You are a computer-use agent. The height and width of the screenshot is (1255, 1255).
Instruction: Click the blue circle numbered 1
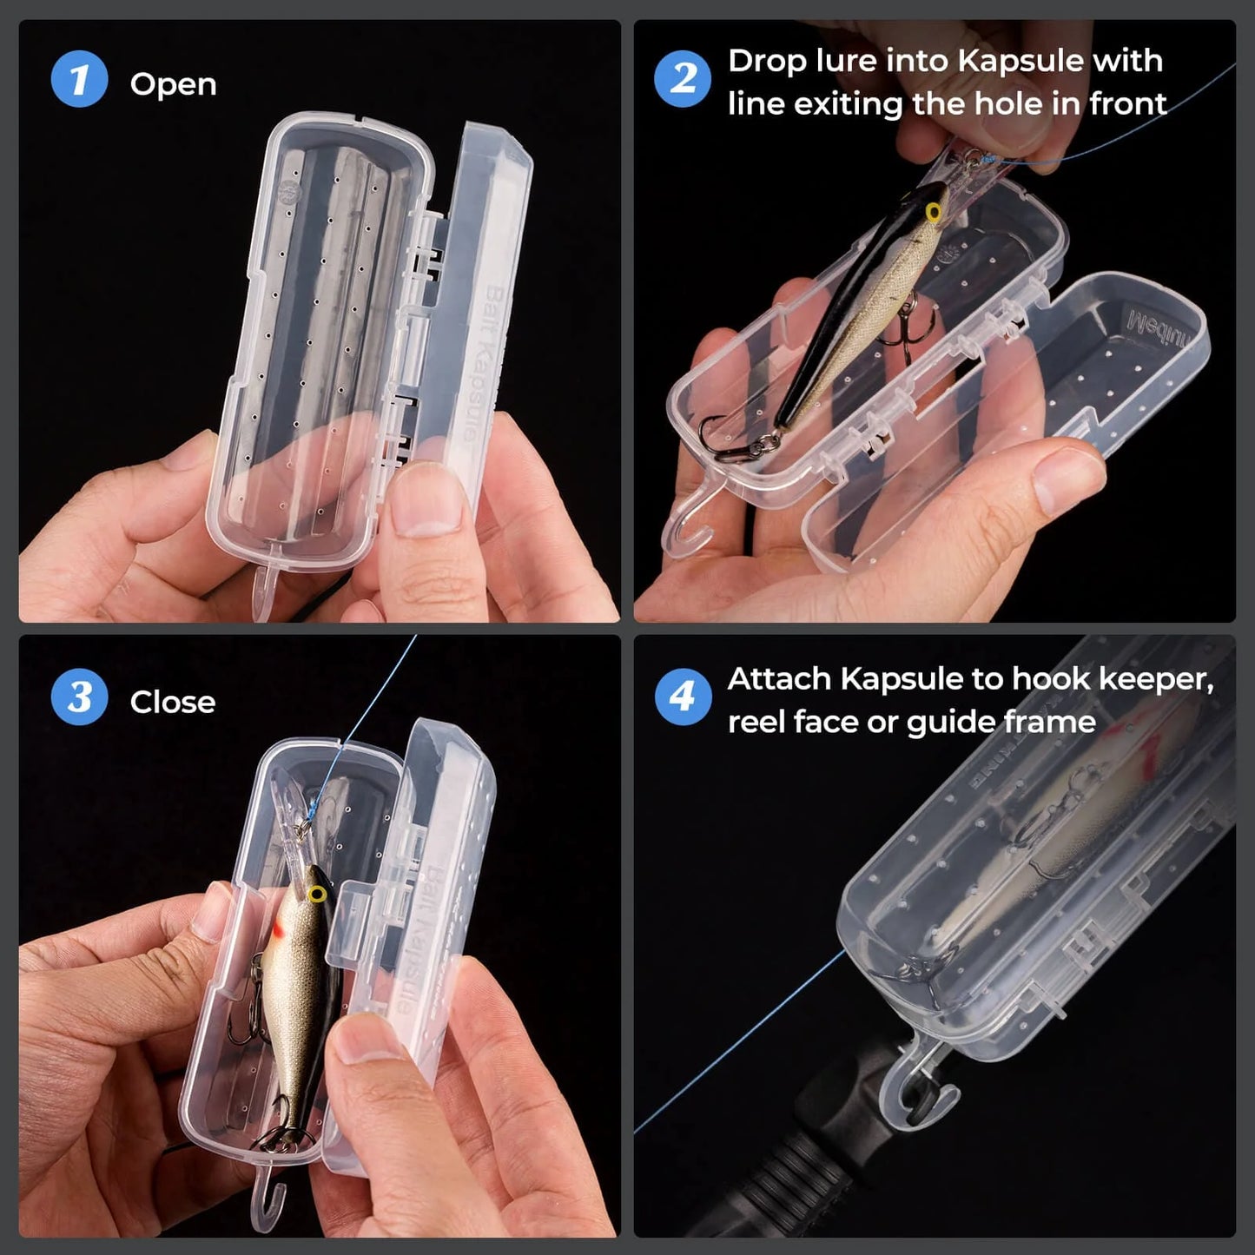[79, 80]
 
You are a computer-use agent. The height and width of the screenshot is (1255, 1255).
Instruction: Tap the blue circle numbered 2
[683, 80]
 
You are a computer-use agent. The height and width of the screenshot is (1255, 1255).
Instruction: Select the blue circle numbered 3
[79, 697]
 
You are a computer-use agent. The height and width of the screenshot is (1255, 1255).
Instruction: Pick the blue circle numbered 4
[683, 697]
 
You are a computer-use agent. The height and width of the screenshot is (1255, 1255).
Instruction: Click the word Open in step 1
[173, 84]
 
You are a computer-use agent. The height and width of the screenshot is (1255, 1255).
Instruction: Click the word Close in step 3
[172, 702]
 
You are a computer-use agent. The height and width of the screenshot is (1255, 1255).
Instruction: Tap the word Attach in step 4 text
[779, 678]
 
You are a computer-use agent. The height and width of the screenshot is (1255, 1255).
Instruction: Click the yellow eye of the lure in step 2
[935, 211]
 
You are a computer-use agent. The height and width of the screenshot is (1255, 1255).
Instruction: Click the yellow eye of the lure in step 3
[317, 894]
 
